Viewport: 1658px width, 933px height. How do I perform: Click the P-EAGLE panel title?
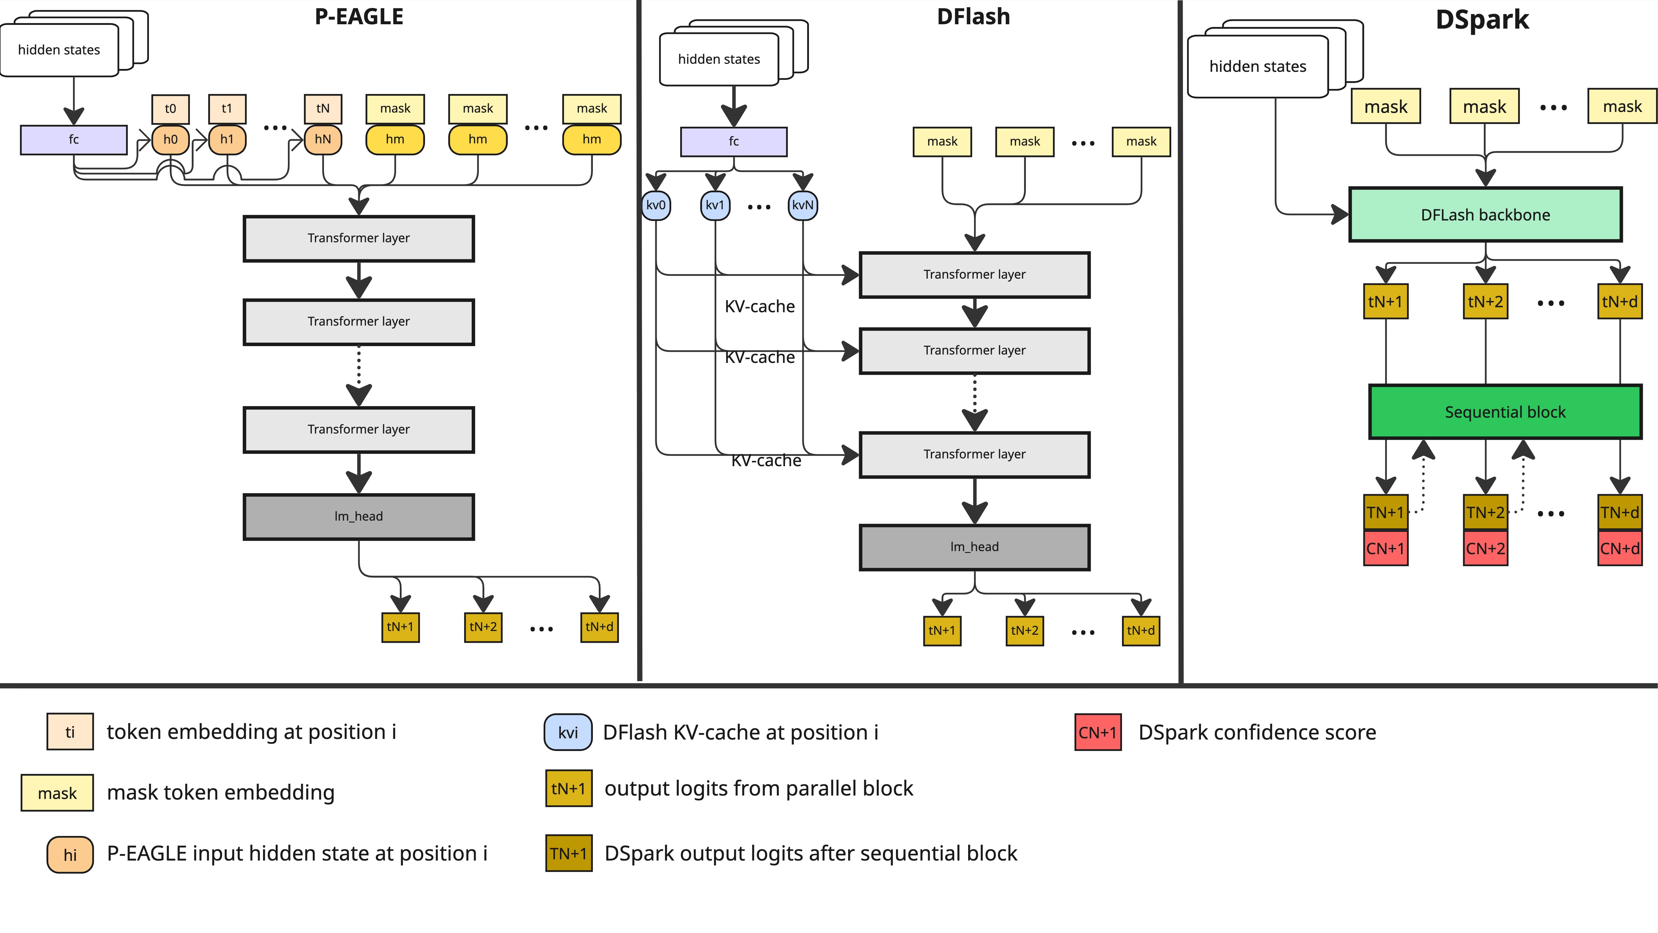click(x=358, y=17)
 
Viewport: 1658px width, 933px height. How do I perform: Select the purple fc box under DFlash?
click(x=734, y=142)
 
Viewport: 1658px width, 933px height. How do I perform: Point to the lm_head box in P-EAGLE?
click(x=358, y=516)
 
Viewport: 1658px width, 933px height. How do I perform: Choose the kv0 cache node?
click(x=656, y=205)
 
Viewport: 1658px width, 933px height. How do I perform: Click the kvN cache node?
click(x=803, y=205)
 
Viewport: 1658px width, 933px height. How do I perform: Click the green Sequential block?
click(x=1505, y=412)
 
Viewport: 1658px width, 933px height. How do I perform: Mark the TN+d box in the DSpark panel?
click(x=1619, y=513)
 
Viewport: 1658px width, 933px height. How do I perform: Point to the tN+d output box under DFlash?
click(x=1141, y=630)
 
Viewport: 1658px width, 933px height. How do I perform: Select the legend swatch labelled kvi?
click(x=568, y=732)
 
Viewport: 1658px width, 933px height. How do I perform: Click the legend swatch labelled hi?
click(x=70, y=854)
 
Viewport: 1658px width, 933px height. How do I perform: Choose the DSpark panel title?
click(x=1482, y=19)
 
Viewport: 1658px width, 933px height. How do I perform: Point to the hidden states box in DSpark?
click(x=1258, y=66)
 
